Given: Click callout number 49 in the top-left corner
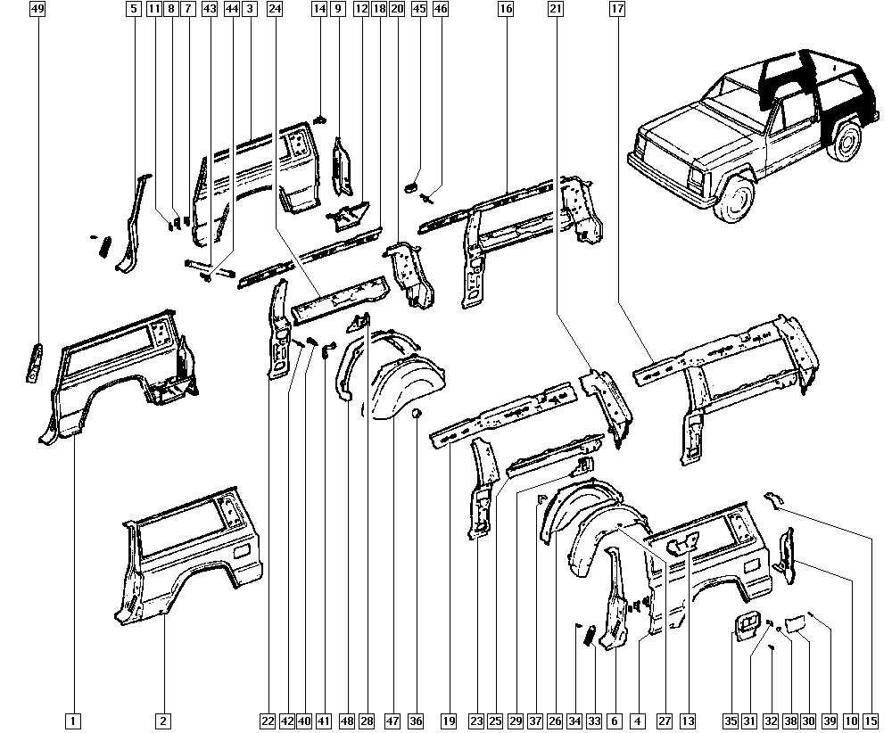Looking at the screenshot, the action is pos(37,9).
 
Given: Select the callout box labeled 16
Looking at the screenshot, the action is pos(505,9).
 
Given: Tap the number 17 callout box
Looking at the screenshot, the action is pos(616,9).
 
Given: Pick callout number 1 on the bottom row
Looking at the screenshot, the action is pos(73,721).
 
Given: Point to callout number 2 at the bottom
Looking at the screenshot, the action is pos(162,721).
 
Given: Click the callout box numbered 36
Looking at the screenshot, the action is pos(416,721).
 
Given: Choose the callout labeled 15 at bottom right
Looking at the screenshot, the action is pos(871,721).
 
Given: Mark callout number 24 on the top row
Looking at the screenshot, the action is pos(274,9).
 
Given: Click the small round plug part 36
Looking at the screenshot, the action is pos(416,414).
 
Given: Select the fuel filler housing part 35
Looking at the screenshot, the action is pos(745,625).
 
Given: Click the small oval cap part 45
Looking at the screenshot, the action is pos(410,187).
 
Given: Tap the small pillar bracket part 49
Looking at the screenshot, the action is pos(34,362).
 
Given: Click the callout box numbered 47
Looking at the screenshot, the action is pos(392,721).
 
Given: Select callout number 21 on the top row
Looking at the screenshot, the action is pos(556,9).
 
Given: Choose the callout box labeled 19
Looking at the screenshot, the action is pos(449,721).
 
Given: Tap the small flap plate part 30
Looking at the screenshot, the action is pos(794,624).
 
